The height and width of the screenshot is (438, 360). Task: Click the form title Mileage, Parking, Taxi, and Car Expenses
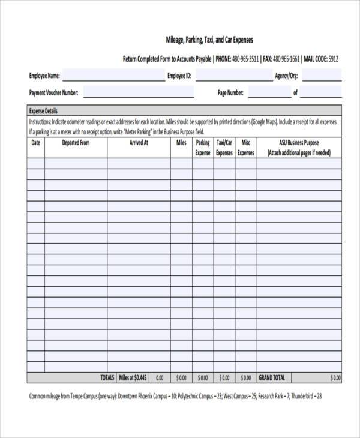[209, 40]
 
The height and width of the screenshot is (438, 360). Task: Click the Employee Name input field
[113, 76]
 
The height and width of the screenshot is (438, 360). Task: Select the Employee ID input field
[232, 76]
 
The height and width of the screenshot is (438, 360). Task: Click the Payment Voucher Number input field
[138, 93]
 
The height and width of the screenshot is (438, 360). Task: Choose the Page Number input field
[268, 93]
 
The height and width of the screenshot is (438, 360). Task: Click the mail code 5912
[333, 59]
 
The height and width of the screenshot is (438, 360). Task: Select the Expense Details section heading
[43, 111]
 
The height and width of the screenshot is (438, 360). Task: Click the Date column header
[35, 143]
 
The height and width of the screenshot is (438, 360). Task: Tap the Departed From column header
[76, 143]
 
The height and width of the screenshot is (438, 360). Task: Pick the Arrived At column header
[139, 143]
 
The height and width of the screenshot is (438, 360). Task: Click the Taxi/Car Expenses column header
[224, 148]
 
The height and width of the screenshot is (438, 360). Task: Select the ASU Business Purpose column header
[299, 148]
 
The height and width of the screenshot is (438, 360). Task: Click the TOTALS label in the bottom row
[107, 378]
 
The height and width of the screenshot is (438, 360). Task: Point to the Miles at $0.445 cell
[133, 378]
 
